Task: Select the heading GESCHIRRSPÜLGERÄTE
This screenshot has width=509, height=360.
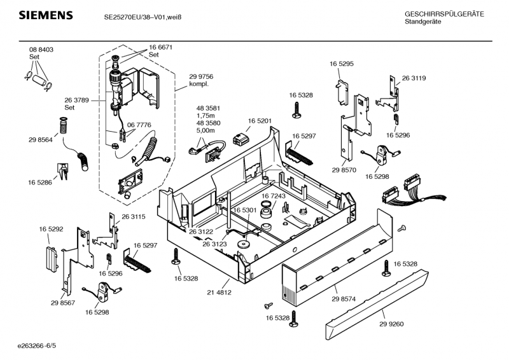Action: [x=444, y=14]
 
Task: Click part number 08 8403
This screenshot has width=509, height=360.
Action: [x=41, y=50]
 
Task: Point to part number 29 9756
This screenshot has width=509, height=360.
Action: [x=201, y=76]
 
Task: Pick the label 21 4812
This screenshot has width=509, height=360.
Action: [x=219, y=293]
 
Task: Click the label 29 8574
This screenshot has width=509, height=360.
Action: [x=344, y=299]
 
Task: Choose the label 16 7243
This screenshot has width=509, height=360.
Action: [x=274, y=196]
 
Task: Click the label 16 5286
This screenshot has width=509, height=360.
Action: [x=40, y=183]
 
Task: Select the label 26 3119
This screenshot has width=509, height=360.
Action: [x=414, y=78]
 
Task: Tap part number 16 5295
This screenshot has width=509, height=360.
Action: [x=342, y=64]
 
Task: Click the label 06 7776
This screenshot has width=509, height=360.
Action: [x=139, y=125]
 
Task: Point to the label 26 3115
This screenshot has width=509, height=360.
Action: [x=134, y=217]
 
